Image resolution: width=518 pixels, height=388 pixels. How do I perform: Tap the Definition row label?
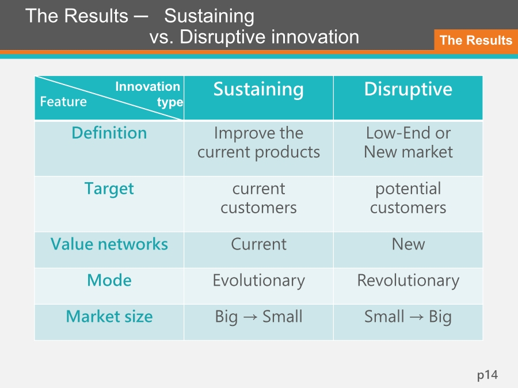[x=109, y=133]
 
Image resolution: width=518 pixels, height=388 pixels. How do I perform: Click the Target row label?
[x=109, y=189]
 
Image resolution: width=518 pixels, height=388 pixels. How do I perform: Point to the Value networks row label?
[x=109, y=244]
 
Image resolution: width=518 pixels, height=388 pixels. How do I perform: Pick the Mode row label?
[x=109, y=280]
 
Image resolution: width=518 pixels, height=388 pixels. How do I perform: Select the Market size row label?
[x=109, y=316]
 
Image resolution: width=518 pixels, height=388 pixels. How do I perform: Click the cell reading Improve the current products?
[x=258, y=143]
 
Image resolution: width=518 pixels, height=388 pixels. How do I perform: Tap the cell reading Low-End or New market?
[x=408, y=143]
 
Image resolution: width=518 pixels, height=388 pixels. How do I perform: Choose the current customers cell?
[x=258, y=198]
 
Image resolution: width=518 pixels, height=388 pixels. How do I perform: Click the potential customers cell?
[x=408, y=198]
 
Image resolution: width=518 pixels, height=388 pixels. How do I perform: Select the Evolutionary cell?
[x=258, y=281]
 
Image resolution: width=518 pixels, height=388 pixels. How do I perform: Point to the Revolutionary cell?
[x=408, y=281]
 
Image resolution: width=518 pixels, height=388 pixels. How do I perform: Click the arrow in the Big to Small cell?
[x=250, y=317]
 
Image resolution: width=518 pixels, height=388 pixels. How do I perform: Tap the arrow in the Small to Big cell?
[x=417, y=317]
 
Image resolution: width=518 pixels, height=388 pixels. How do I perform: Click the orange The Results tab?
[x=476, y=40]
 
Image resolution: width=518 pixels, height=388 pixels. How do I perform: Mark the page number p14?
[x=487, y=375]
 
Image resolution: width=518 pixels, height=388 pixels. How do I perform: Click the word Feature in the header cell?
[x=63, y=102]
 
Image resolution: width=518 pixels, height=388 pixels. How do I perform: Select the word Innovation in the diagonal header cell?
[x=148, y=86]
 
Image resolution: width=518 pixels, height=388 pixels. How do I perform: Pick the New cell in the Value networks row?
[x=408, y=244]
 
